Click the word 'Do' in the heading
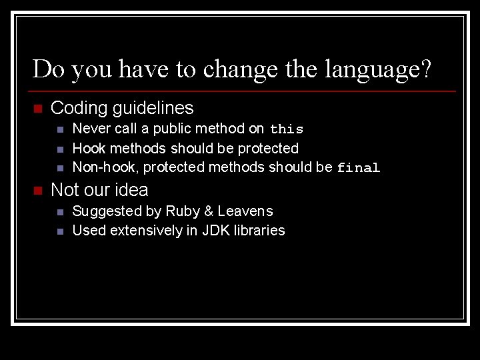point(47,69)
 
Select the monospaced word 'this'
point(287,129)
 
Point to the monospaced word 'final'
point(358,168)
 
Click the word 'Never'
point(91,128)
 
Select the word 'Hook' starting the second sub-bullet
point(89,147)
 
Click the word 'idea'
point(131,190)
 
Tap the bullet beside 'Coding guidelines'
point(37,109)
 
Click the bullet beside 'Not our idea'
point(37,191)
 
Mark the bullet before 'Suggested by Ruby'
point(60,212)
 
